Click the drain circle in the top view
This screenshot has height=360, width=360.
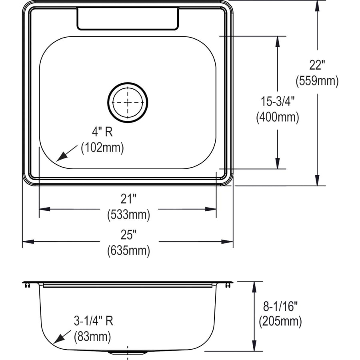128,102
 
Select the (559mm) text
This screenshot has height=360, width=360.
317,81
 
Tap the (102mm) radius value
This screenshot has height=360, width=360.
102,148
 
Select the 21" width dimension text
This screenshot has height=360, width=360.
128,198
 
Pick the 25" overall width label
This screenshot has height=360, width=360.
128,234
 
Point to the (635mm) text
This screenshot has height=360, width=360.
128,251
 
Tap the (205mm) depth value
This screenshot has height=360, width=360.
280,321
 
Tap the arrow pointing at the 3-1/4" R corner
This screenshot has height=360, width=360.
56,342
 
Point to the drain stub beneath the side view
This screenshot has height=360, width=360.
128,353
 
